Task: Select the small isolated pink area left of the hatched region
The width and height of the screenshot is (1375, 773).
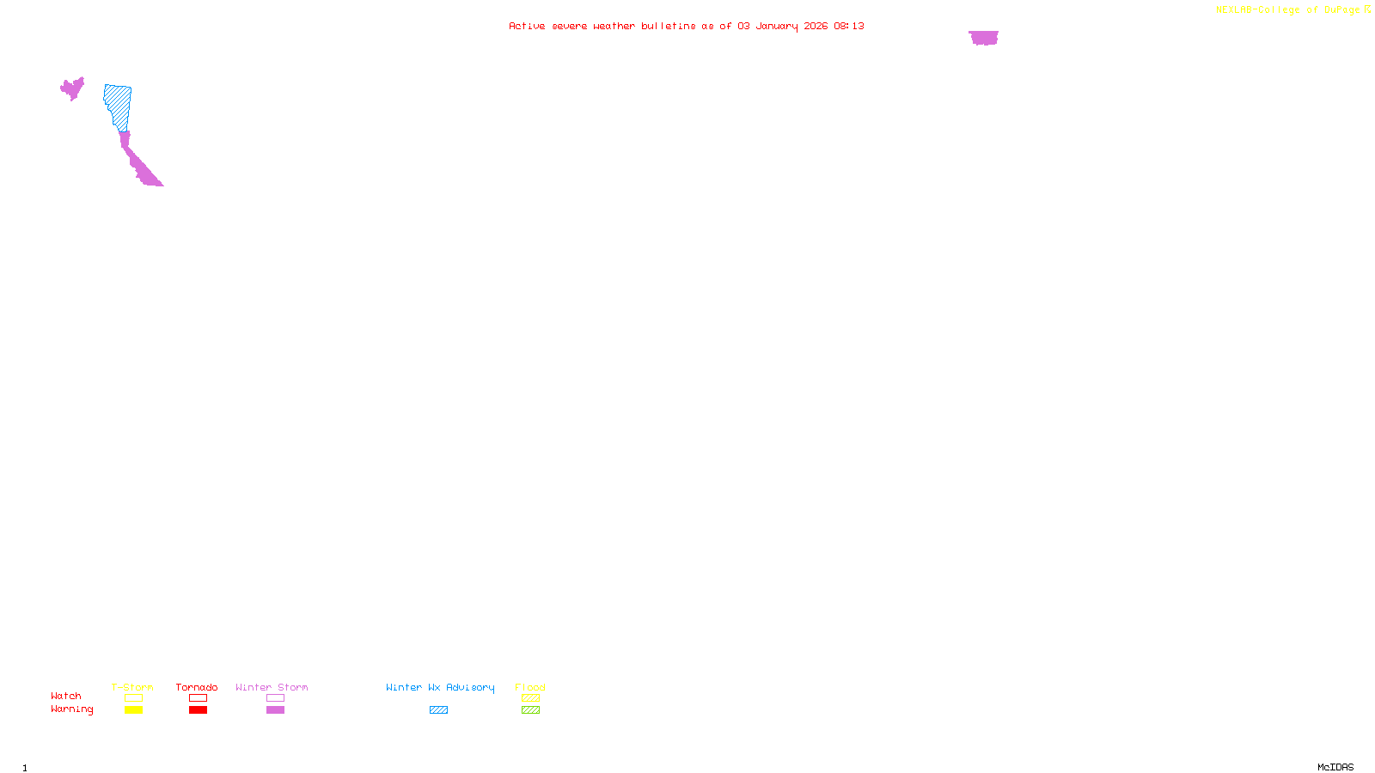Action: coord(72,88)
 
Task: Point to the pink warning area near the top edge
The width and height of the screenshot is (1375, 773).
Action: coord(983,38)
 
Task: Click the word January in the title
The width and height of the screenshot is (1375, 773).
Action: coord(776,26)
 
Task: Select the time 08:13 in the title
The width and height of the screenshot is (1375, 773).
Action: coord(848,26)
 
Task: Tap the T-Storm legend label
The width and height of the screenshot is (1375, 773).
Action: coord(132,687)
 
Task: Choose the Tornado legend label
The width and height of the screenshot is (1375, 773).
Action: coord(197,687)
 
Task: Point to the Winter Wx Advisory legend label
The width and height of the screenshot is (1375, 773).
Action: coord(440,687)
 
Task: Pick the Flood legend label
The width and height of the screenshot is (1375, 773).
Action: coord(530,687)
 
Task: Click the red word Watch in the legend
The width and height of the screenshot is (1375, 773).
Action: coord(66,696)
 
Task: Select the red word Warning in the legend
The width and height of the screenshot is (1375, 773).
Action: coord(71,709)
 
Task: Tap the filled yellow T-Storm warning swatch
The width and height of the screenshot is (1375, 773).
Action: coord(133,710)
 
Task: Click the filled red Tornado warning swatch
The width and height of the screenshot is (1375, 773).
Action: coord(198,710)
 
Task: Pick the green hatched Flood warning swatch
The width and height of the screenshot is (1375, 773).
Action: coord(530,710)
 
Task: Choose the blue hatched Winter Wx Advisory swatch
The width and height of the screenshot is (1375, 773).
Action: coord(438,710)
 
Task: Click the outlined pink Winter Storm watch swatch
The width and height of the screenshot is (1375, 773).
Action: coord(275,698)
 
